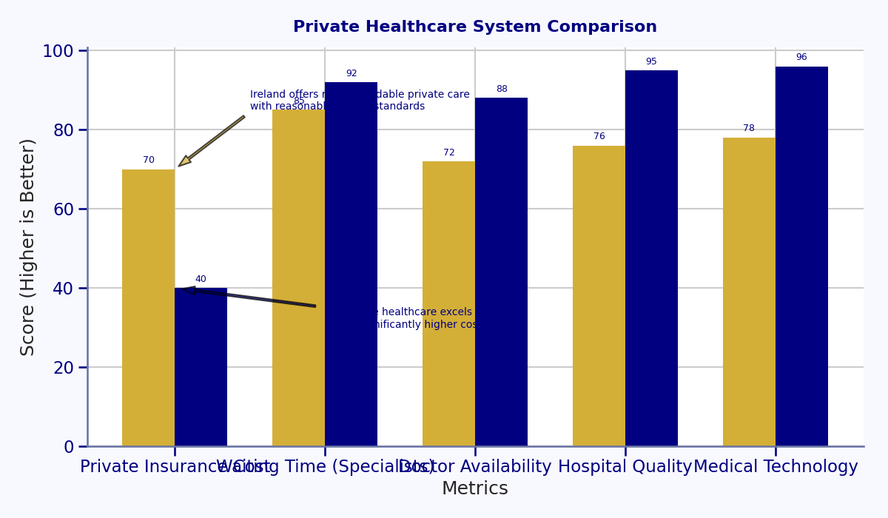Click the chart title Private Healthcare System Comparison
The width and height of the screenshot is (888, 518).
tap(474, 27)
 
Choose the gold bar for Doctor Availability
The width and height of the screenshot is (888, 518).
tap(448, 303)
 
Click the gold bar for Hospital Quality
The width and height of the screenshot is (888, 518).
tap(599, 296)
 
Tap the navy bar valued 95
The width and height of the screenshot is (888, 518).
tap(651, 258)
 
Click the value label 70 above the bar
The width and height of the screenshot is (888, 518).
tap(149, 160)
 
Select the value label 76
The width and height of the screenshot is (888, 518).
tap(599, 136)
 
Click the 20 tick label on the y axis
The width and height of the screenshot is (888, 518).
tap(64, 368)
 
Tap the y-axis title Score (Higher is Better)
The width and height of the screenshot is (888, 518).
tap(28, 247)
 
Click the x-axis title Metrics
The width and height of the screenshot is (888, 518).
tap(474, 489)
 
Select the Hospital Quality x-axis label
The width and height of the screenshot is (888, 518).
tap(625, 467)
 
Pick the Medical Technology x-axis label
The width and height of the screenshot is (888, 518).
tap(776, 467)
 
